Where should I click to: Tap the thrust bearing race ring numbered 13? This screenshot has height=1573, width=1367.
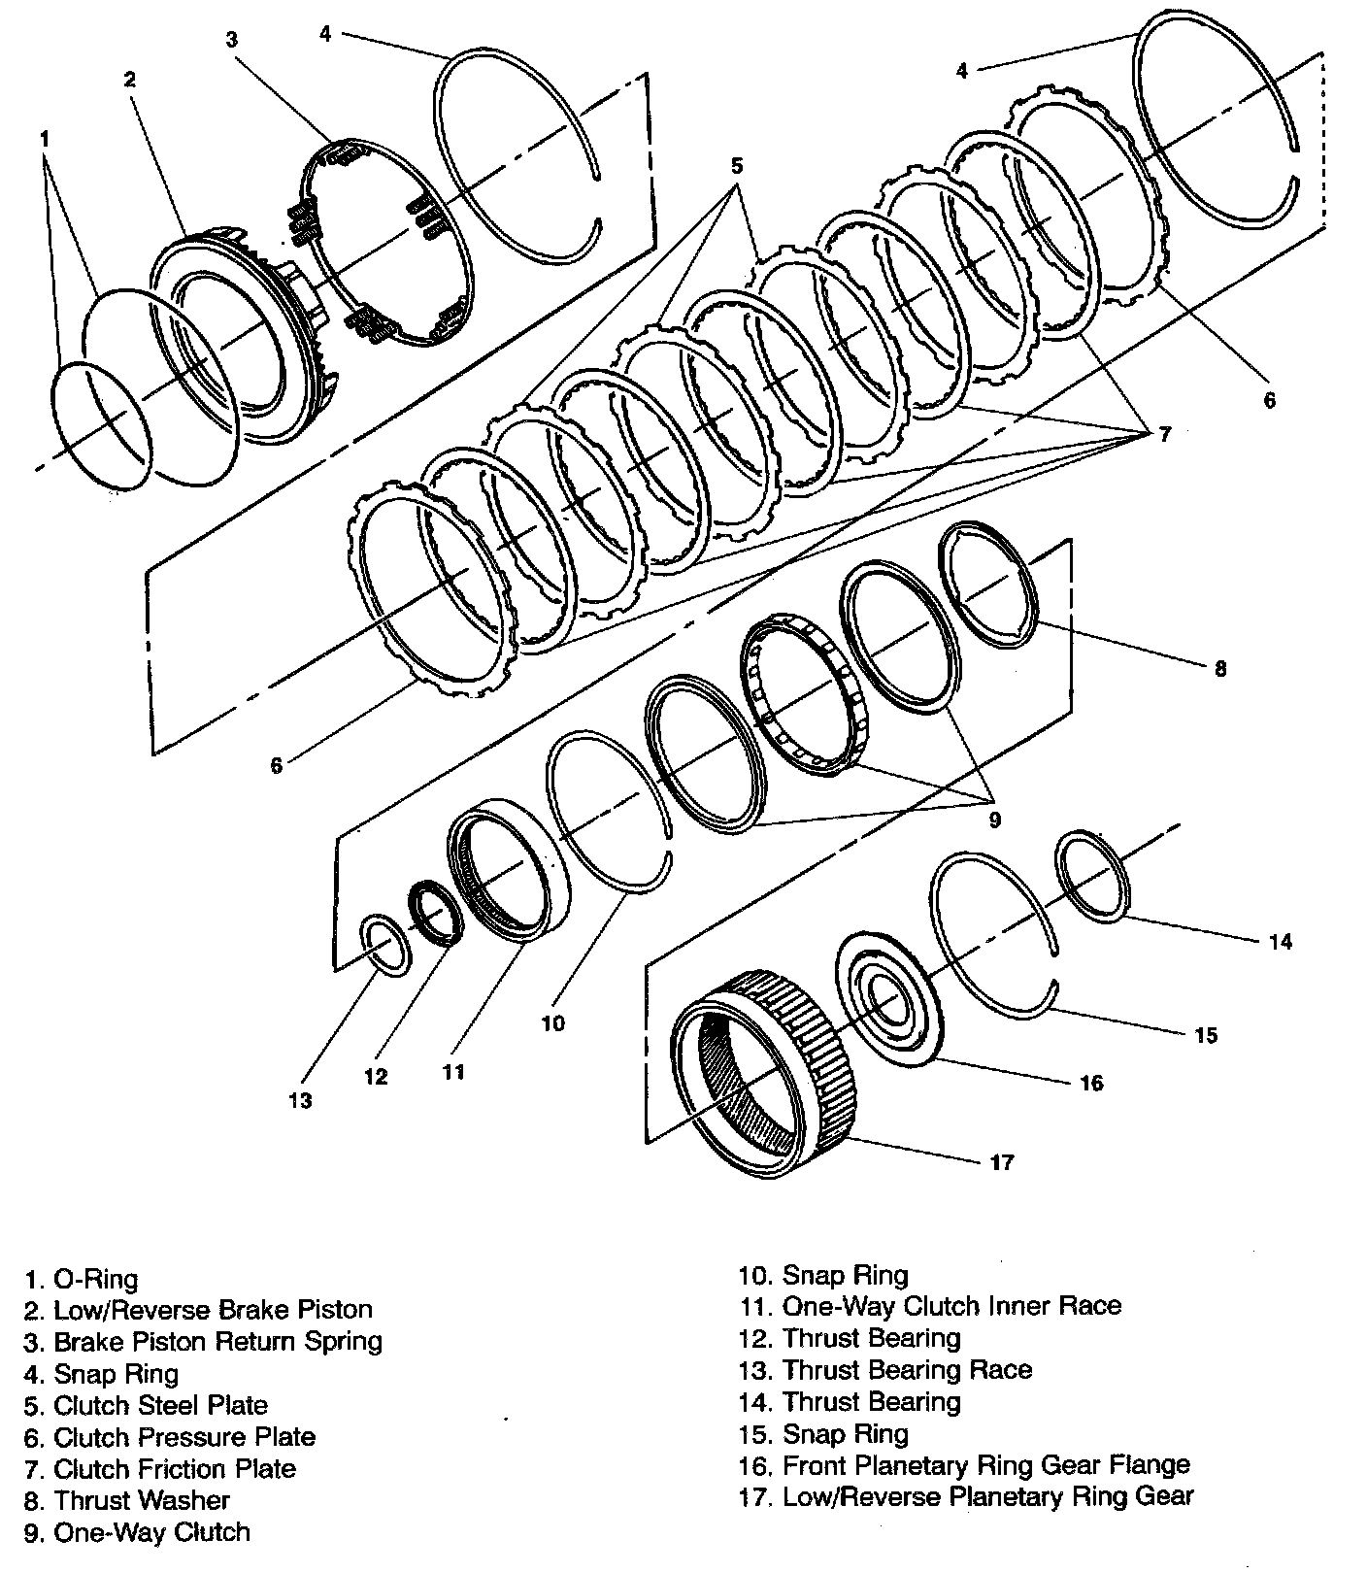tap(385, 945)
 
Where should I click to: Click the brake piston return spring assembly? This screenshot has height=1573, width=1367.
tap(388, 243)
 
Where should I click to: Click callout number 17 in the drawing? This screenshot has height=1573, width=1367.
tap(1001, 1161)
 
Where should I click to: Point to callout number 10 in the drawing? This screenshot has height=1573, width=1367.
tap(552, 1023)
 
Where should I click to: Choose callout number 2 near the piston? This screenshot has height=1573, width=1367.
tap(130, 79)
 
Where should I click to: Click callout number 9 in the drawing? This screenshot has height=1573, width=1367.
tap(994, 820)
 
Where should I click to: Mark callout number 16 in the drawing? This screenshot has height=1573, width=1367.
tap(1091, 1082)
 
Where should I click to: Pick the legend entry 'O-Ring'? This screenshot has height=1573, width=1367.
tap(83, 1279)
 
